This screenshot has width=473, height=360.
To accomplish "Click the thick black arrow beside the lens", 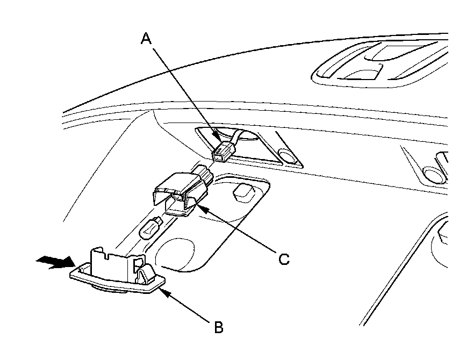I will coord(55,263).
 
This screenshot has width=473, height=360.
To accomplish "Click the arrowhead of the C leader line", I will coord(198,207).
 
